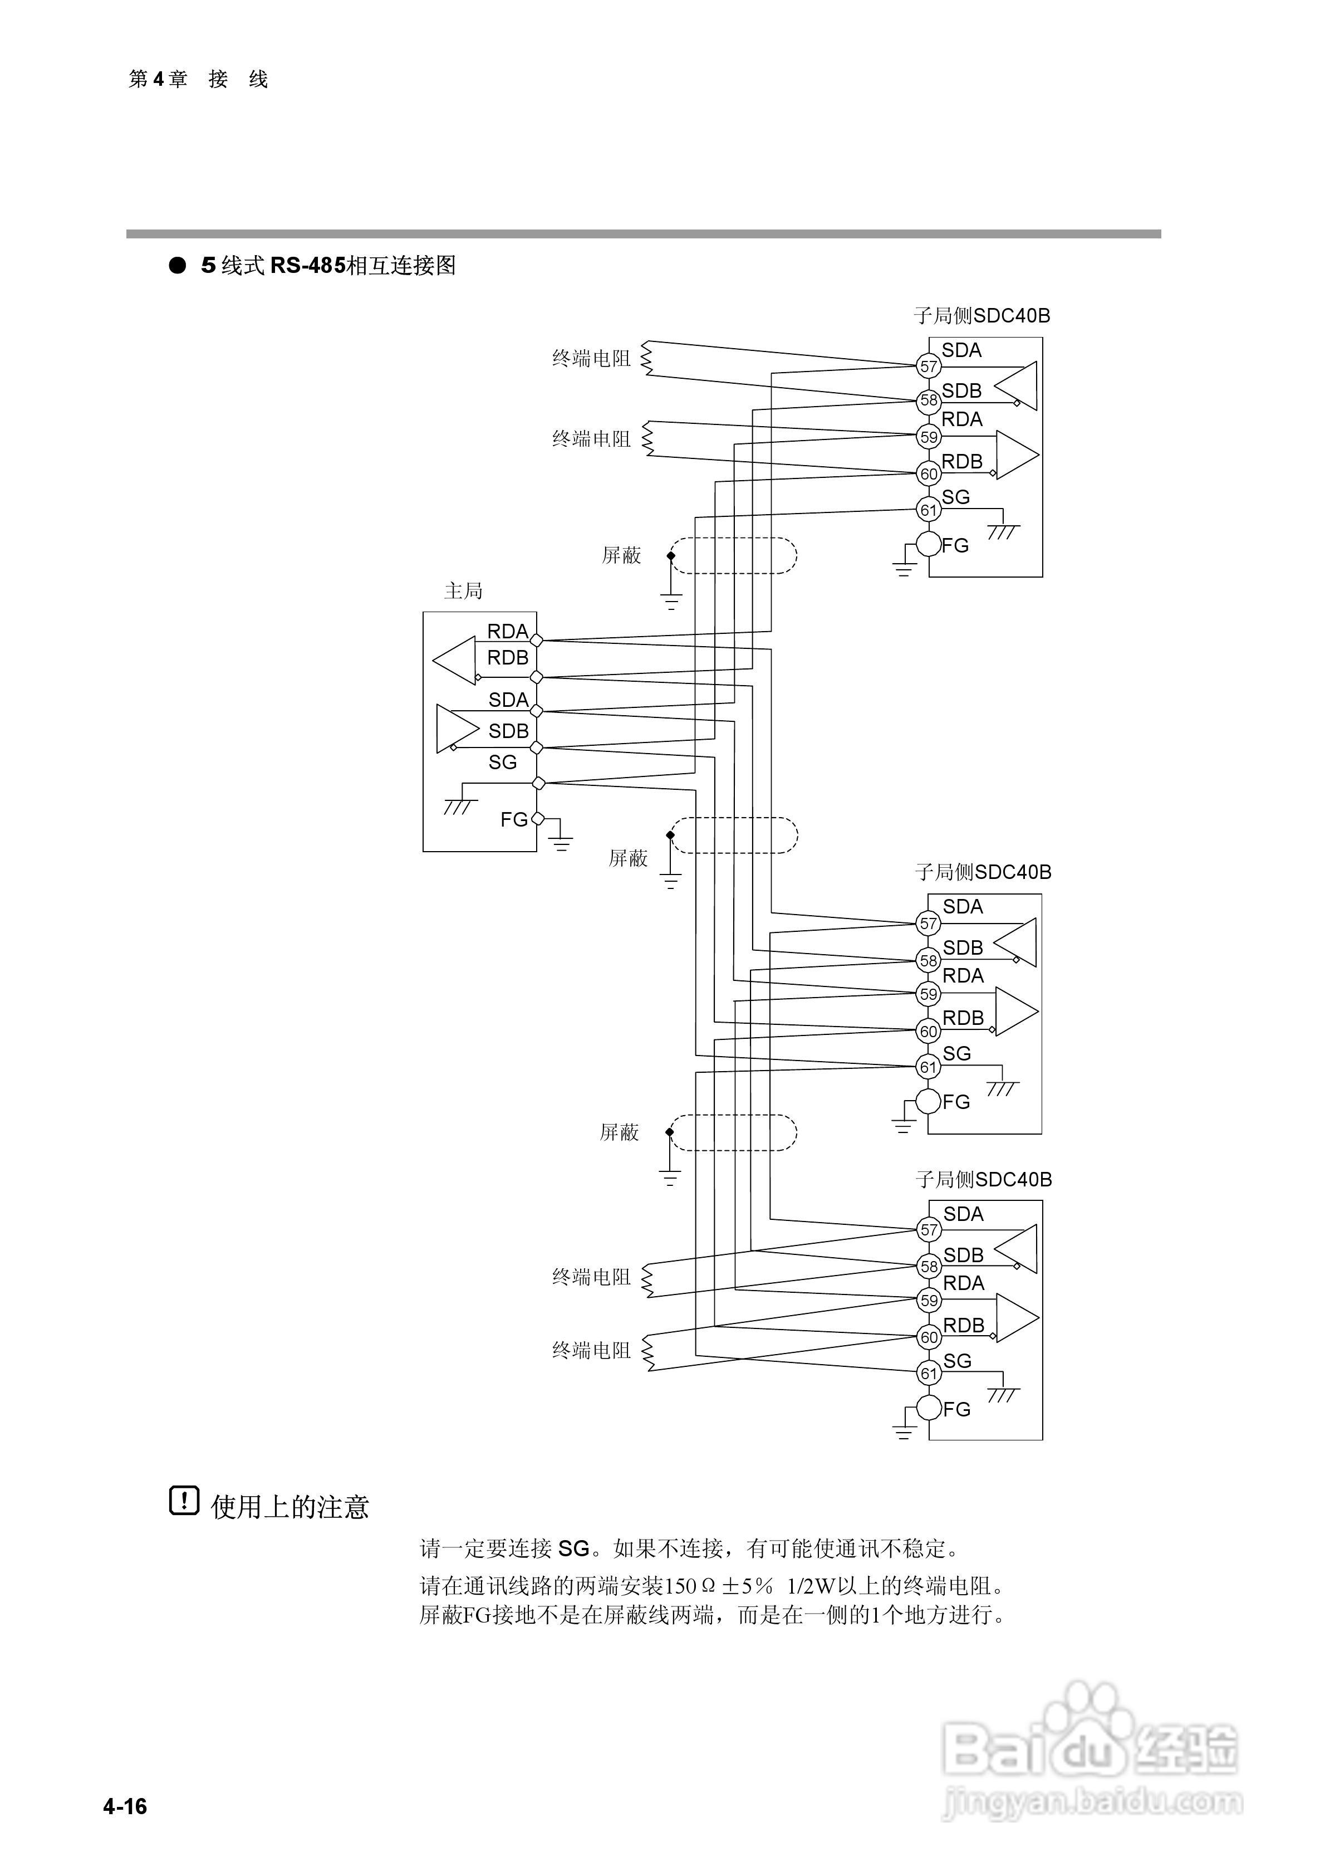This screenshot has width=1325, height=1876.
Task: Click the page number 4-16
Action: (125, 1806)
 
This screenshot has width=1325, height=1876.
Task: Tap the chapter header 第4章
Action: (158, 79)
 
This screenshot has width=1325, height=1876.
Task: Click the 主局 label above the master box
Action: (463, 591)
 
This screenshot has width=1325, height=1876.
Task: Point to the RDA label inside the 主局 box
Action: (507, 631)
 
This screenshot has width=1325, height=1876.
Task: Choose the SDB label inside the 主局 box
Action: (508, 730)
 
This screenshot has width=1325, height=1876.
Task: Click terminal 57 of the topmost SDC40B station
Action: (929, 366)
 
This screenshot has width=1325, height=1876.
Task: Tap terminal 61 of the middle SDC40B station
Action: (929, 1067)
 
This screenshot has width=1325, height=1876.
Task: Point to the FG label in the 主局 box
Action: (514, 819)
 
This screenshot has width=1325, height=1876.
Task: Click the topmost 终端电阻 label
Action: (591, 359)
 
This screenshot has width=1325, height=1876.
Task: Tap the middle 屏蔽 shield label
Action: (627, 858)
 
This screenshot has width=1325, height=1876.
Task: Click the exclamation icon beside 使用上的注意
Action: (184, 1501)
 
